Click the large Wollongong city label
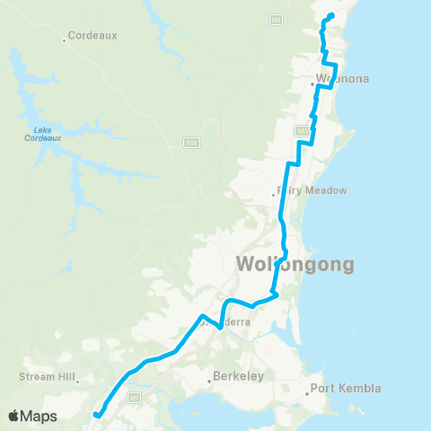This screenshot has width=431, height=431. point(295,264)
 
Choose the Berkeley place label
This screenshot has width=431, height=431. point(240,376)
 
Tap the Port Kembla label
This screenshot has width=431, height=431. point(348,388)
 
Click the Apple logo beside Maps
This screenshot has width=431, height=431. point(15,417)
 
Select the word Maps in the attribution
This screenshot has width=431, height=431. point(40,417)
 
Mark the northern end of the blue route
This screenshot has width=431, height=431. point(331,15)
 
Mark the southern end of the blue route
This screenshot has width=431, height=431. point(93,414)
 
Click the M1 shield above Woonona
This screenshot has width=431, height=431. point(276,17)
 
